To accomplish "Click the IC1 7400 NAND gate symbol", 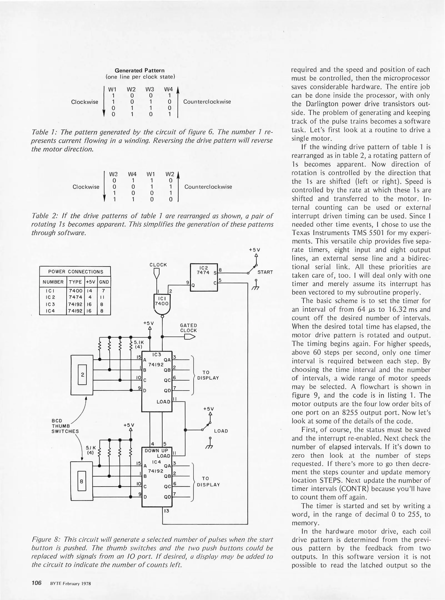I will (x=162, y=304).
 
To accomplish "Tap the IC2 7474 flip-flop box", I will (x=204, y=277).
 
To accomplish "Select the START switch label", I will (x=265, y=272).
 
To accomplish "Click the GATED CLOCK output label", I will (x=188, y=328).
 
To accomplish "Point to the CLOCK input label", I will (x=158, y=265).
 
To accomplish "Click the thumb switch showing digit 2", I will (x=82, y=374).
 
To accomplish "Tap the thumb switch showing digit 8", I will (x=82, y=481).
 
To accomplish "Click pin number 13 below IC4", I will (x=167, y=511).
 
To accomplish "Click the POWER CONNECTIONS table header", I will (x=75, y=272).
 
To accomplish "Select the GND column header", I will (x=104, y=282).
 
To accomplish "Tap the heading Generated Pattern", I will (x=139, y=70).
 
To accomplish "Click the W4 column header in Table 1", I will (x=168, y=89).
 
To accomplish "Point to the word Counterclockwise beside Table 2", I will (x=208, y=187).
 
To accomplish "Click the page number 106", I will (x=36, y=582).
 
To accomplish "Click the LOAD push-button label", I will (x=221, y=431).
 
